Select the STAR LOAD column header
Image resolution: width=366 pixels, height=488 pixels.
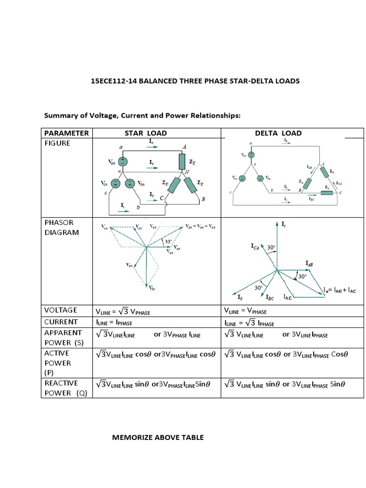[145, 133]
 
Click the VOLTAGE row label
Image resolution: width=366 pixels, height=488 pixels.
[61, 310]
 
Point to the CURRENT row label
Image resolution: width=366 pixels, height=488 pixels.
[61, 322]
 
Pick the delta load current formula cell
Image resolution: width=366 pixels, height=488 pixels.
[249, 323]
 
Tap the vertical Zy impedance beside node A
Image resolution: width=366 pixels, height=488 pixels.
[181, 162]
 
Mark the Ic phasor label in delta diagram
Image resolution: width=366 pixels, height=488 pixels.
[284, 224]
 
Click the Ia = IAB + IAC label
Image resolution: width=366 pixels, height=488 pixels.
[340, 290]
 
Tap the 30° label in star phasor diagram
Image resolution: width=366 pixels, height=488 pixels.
[168, 242]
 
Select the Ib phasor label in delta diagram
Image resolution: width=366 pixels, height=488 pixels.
[240, 297]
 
